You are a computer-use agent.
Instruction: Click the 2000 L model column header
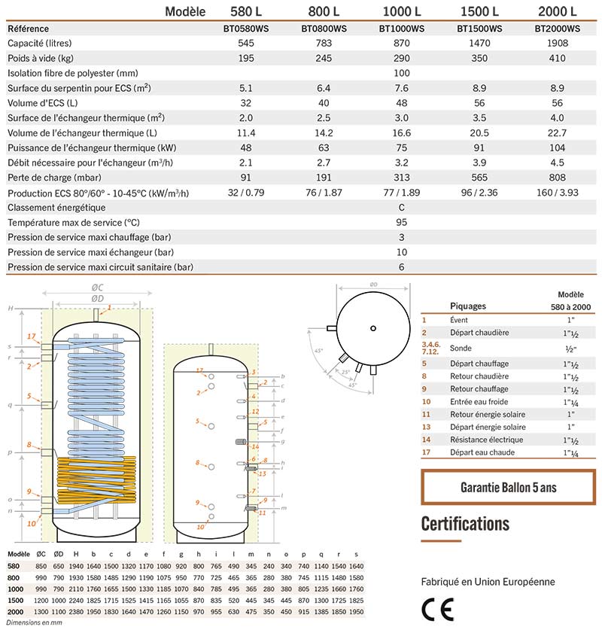557,11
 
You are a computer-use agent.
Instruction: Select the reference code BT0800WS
324,29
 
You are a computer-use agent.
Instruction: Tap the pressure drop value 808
557,177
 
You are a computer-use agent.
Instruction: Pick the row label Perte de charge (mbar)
50,178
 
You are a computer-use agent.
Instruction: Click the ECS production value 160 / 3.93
557,193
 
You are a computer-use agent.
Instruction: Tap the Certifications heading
465,524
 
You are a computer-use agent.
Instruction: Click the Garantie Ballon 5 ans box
508,487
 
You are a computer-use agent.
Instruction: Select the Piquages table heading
468,306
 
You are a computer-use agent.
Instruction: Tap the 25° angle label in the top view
345,371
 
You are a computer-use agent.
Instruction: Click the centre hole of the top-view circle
374,327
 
